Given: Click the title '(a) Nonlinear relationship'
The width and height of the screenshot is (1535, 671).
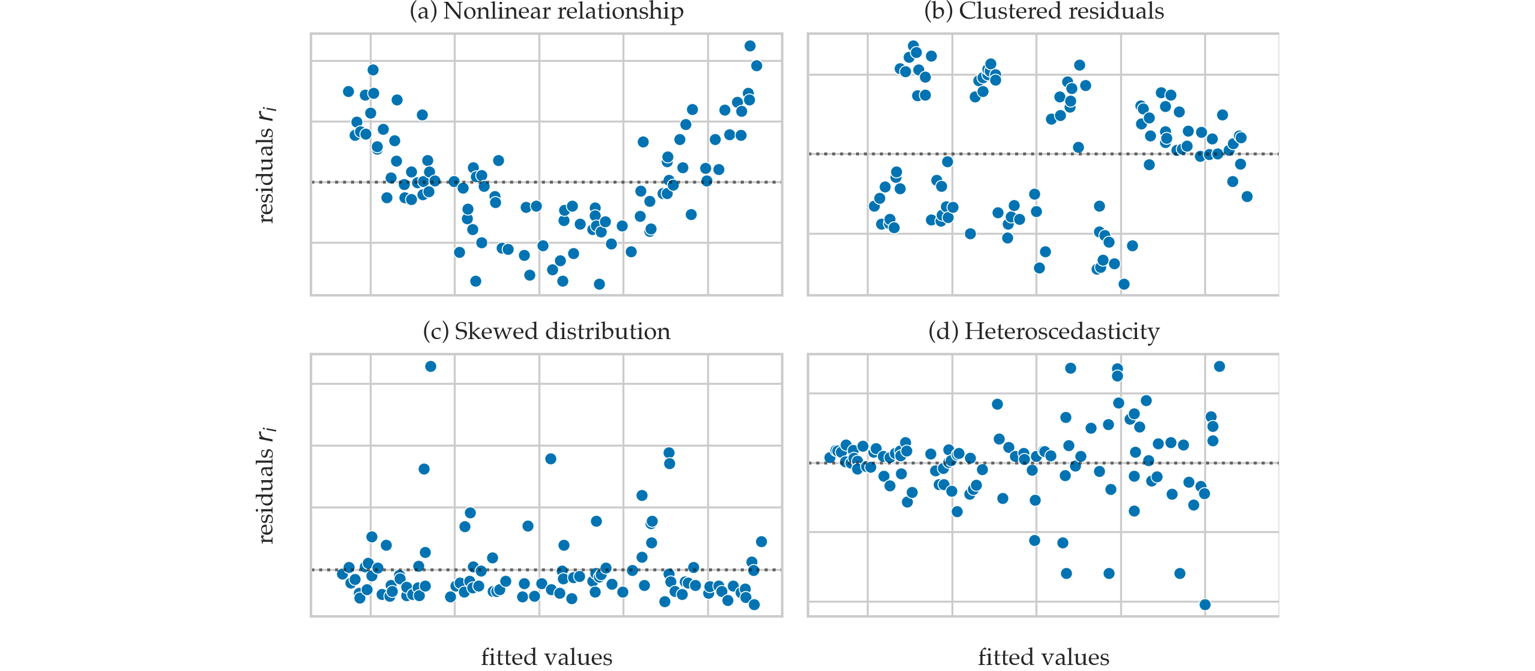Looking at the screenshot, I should [546, 11].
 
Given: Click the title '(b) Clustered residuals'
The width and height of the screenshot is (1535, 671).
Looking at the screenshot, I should [1043, 11].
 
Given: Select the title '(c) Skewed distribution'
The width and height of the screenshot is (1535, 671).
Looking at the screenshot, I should [546, 331].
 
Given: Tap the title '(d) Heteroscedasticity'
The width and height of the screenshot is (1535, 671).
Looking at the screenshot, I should [1043, 331].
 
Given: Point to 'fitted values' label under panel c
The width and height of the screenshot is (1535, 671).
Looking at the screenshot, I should [546, 657].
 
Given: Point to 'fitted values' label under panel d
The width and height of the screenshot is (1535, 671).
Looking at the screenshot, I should [1043, 657].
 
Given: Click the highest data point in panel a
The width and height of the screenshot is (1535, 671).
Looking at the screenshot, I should [750, 46].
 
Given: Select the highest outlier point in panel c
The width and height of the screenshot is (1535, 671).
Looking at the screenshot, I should [430, 366].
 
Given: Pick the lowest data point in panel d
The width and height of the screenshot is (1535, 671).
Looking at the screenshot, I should [1205, 604].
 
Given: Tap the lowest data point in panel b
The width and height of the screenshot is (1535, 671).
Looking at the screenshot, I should [1124, 284].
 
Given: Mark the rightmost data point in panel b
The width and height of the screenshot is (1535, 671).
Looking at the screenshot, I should [1247, 196].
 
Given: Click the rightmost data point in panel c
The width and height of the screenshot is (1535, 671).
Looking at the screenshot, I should [761, 541].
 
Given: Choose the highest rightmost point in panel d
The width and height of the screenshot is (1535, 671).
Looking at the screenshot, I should [1219, 366].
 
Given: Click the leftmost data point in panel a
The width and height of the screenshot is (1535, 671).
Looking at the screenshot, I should [348, 91].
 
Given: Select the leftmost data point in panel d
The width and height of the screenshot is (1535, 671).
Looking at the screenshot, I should [830, 458].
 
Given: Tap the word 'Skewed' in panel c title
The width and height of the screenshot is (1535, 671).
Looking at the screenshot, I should [479, 331].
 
